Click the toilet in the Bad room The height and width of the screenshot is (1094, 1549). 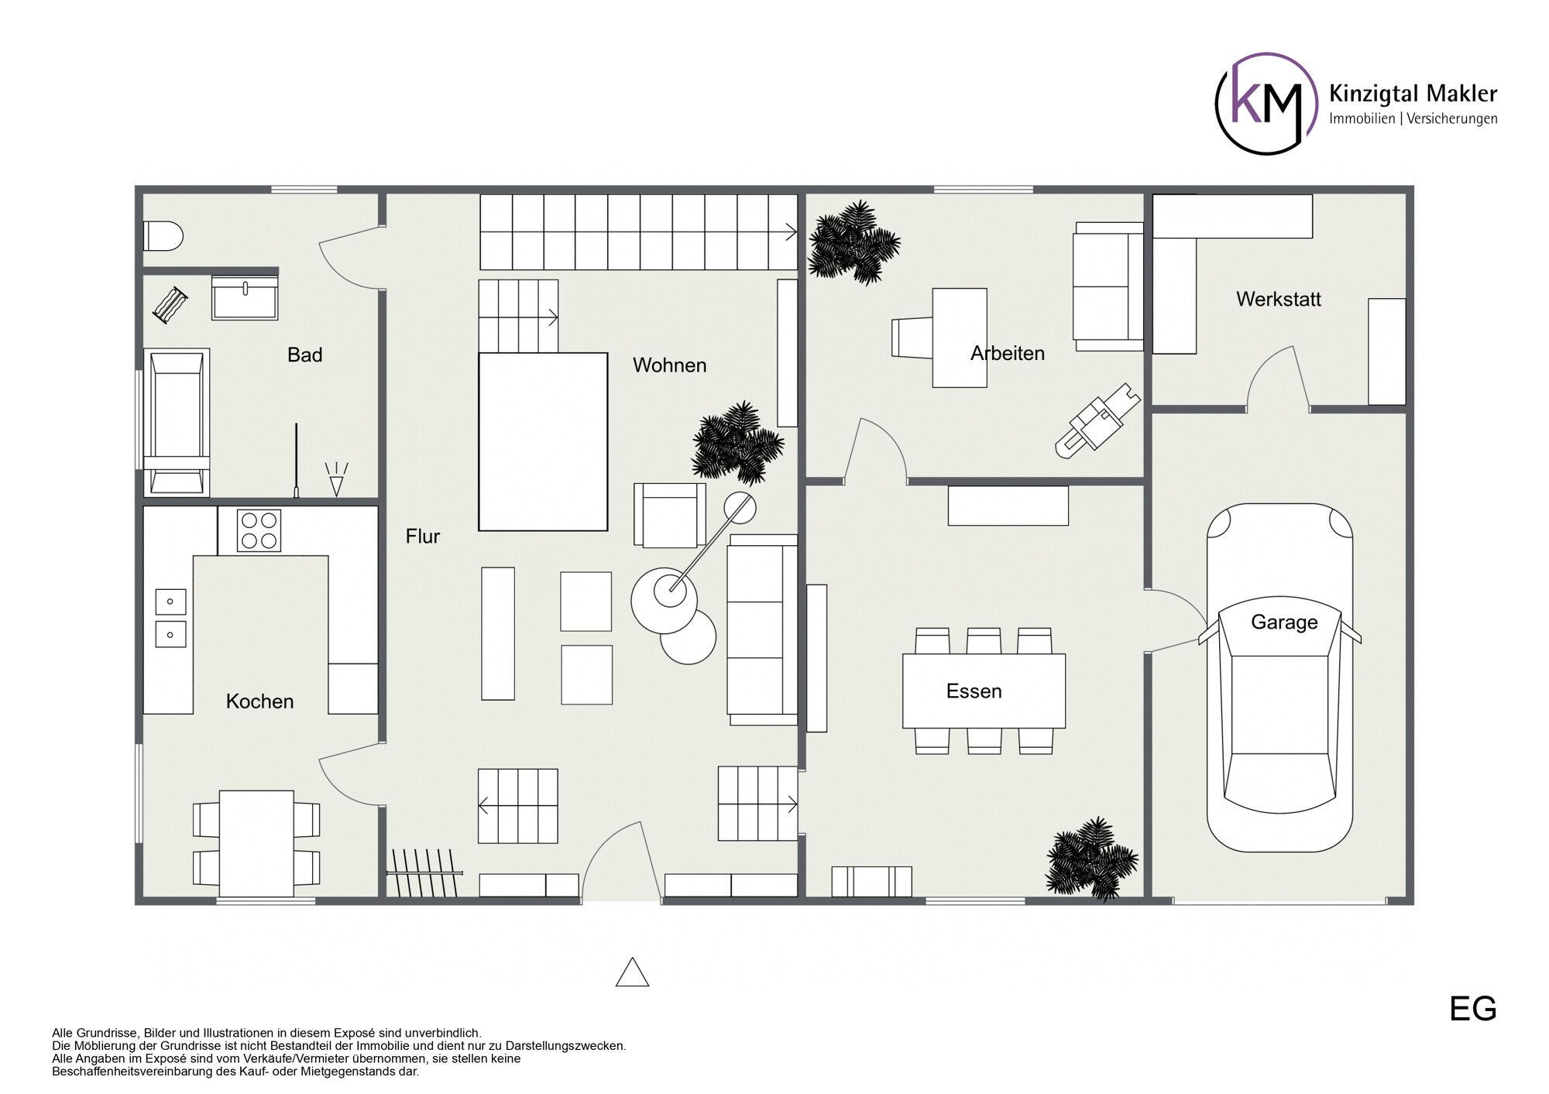pyautogui.click(x=163, y=236)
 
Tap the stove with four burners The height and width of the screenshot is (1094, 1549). pyautogui.click(x=259, y=530)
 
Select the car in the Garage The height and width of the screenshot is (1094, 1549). pyautogui.click(x=1279, y=677)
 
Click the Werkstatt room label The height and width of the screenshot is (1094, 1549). pyautogui.click(x=1279, y=299)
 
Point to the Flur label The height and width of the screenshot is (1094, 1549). pyautogui.click(x=423, y=536)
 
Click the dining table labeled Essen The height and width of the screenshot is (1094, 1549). pyautogui.click(x=984, y=691)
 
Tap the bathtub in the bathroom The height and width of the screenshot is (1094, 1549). pyautogui.click(x=177, y=422)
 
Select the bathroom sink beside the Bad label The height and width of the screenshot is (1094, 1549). pyautogui.click(x=245, y=297)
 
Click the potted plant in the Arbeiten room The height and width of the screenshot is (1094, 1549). pyautogui.click(x=853, y=242)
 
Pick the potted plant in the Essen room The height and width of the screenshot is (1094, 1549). pyautogui.click(x=1092, y=859)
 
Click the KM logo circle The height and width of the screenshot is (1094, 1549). pyautogui.click(x=1266, y=104)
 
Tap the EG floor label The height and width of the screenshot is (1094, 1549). pyautogui.click(x=1473, y=1009)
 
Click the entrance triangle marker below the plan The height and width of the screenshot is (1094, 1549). pyautogui.click(x=632, y=972)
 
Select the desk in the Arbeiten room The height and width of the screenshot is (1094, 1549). pyautogui.click(x=960, y=338)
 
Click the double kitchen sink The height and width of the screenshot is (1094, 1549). pyautogui.click(x=170, y=618)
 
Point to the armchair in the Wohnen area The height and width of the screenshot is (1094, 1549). pyautogui.click(x=670, y=515)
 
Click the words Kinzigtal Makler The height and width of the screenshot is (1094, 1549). pyautogui.click(x=1413, y=94)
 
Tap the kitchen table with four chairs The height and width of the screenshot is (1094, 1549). pyautogui.click(x=256, y=843)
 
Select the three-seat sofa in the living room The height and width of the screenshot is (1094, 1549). pyautogui.click(x=762, y=629)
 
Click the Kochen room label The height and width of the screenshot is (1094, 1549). pyautogui.click(x=260, y=701)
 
